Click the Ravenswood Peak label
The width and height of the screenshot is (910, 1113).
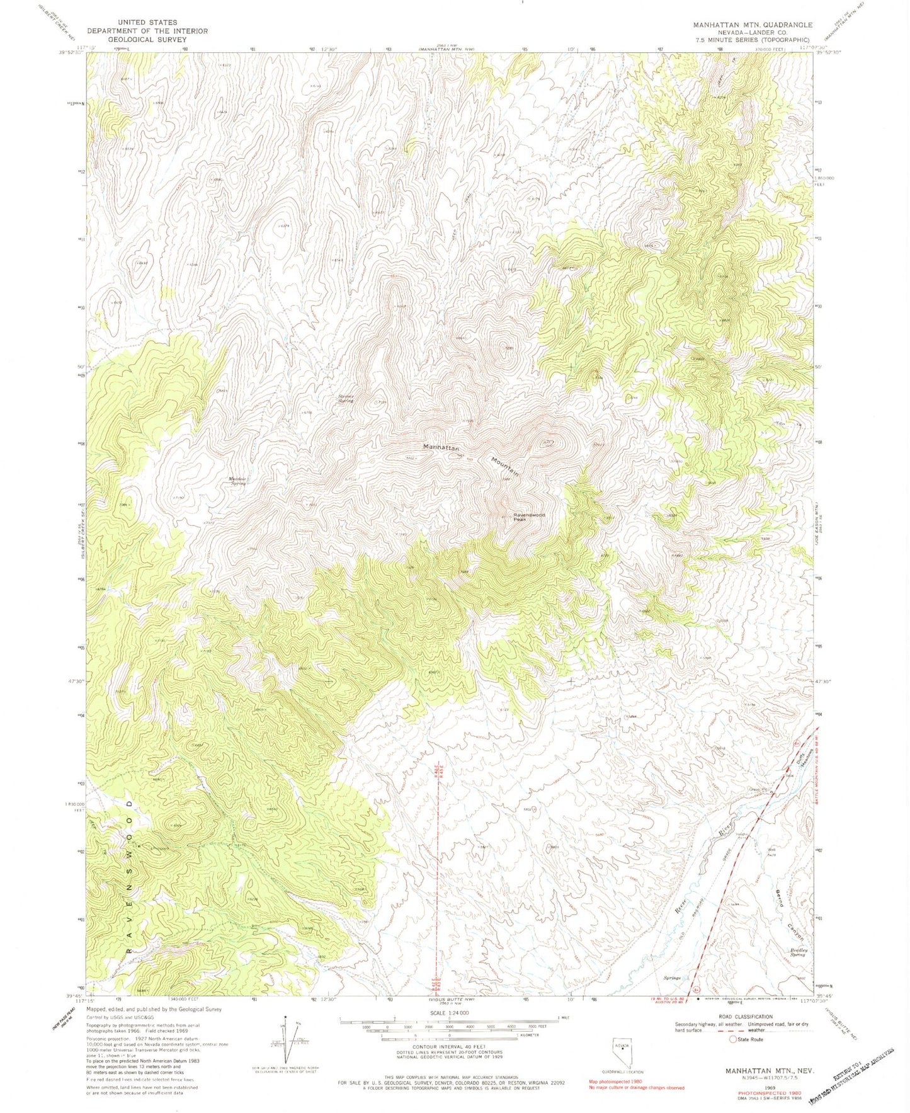click(528, 517)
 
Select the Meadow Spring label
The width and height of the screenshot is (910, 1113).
click(237, 481)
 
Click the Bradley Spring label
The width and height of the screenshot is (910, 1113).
click(798, 953)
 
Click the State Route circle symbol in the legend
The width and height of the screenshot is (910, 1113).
click(733, 1039)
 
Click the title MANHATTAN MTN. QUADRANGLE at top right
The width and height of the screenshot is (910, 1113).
click(752, 25)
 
